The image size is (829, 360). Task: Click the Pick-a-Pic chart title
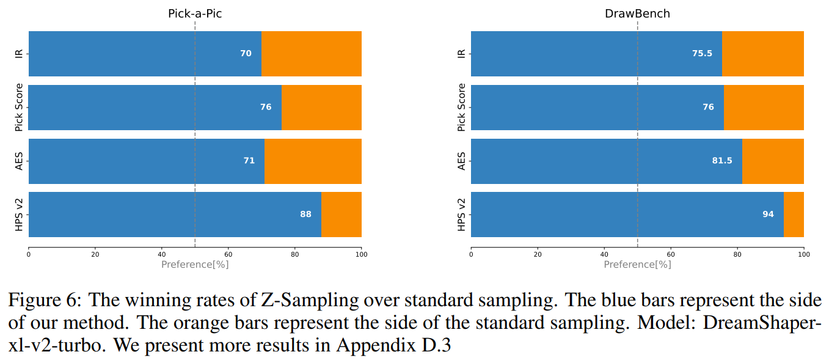(x=195, y=13)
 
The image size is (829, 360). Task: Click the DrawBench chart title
(x=637, y=13)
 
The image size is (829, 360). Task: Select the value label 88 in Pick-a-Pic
(x=305, y=215)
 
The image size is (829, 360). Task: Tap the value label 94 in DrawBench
(x=768, y=215)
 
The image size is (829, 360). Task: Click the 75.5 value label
(x=701, y=54)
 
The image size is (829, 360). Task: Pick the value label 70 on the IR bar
(x=246, y=54)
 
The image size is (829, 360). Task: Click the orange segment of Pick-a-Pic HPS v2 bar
(x=341, y=215)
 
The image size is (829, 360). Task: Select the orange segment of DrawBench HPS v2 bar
(x=794, y=215)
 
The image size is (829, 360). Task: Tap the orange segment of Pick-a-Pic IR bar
(x=312, y=54)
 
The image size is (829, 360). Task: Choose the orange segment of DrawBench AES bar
(x=773, y=161)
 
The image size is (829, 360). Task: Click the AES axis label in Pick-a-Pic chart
(x=19, y=161)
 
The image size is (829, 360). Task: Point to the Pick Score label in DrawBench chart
(x=462, y=108)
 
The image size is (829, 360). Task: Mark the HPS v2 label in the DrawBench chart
(x=462, y=215)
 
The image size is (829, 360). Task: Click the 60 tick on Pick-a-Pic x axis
(x=228, y=254)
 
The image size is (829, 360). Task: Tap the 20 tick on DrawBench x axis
(x=538, y=254)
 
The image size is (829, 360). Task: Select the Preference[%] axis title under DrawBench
(x=637, y=265)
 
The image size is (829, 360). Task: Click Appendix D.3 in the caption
(x=392, y=345)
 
